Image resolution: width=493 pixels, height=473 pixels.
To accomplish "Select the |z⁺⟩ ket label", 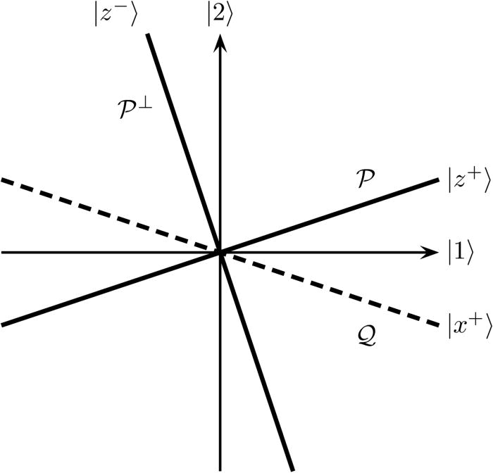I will coord(466,180).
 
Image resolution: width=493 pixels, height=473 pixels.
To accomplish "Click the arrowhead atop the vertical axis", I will coord(220,42).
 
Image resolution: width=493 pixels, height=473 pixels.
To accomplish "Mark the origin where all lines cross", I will coord(220,252).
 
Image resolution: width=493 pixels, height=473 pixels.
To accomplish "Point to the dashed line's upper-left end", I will coord(2,180).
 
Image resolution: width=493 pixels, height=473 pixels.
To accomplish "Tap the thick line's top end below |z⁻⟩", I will coord(149,35).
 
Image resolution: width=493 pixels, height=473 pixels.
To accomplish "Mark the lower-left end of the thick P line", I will coord(2,324).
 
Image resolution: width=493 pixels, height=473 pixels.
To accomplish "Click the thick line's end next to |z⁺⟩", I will coord(439,180).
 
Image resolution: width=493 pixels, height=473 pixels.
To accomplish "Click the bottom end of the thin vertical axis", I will coord(220,470).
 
